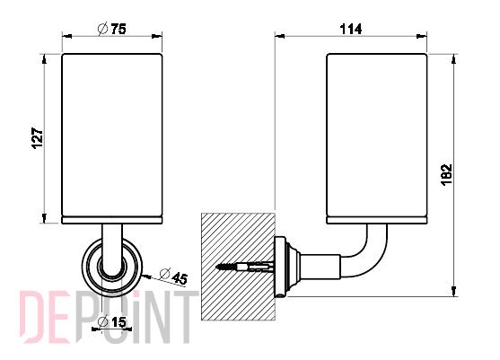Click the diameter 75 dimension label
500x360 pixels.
(111, 29)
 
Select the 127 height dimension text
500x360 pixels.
(38, 138)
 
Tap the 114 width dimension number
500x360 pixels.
(351, 30)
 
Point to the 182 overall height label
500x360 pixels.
(447, 175)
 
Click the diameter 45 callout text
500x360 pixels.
(173, 276)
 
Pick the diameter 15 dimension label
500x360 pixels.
(112, 321)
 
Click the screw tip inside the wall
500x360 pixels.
(217, 267)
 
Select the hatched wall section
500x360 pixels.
(238, 267)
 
